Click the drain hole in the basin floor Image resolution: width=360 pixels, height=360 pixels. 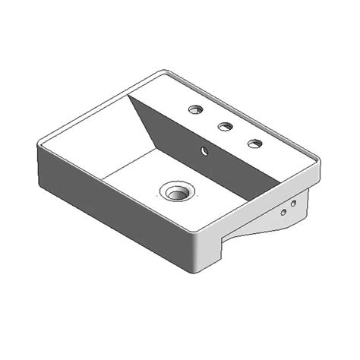[176, 191]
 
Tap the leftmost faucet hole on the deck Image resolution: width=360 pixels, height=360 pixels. [196, 110]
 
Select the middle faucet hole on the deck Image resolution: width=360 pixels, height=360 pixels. [225, 127]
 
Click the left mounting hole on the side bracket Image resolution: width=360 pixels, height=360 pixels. [283, 213]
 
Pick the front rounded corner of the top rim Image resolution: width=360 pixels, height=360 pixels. [200, 232]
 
